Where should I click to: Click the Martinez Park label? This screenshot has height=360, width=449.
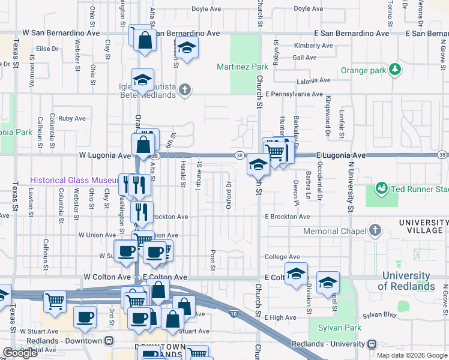(242, 66)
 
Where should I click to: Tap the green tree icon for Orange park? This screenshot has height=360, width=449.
(395, 70)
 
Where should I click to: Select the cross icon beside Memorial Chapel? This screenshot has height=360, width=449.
(375, 230)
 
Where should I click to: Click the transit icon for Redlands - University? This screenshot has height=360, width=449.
(372, 344)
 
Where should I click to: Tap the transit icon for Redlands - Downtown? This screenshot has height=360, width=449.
(109, 341)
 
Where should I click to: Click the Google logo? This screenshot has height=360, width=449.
(20, 353)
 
